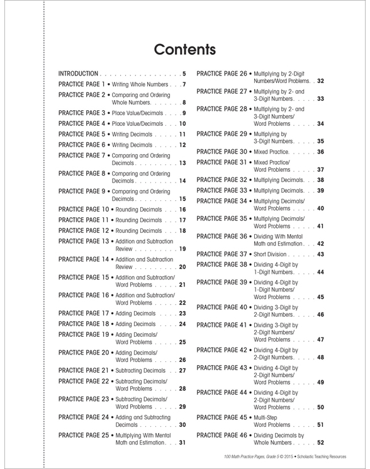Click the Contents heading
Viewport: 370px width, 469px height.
[184, 48]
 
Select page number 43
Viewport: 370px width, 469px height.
[320, 254]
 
